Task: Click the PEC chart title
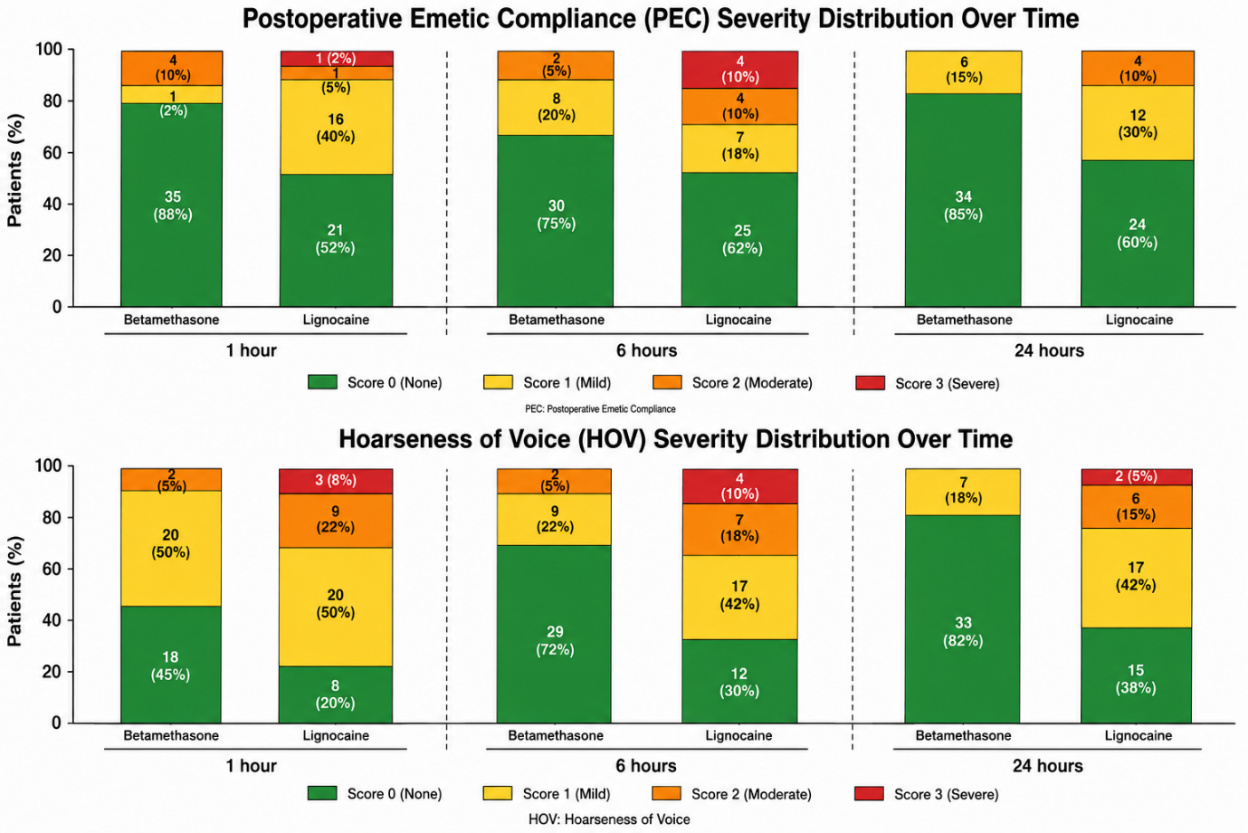tap(661, 19)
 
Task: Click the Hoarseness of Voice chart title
tap(675, 439)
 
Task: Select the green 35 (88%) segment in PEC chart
tap(172, 205)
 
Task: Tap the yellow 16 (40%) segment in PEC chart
tap(337, 127)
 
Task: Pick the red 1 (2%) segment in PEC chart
tap(337, 59)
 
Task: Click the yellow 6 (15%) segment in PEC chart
tap(963, 72)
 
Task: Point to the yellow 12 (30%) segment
tap(1137, 123)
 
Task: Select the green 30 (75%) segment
tap(556, 221)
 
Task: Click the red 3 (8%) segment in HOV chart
tap(336, 481)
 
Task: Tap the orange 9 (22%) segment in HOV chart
tap(336, 521)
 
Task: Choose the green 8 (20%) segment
tap(336, 694)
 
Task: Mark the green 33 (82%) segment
tap(963, 619)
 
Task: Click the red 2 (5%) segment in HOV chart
tap(1136, 477)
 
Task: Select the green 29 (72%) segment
tap(554, 634)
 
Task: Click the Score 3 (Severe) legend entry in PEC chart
tap(927, 384)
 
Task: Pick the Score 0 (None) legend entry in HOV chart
tap(375, 794)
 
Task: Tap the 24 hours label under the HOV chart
tap(1047, 766)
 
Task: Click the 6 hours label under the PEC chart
tap(646, 350)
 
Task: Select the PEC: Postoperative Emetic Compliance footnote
tap(600, 409)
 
